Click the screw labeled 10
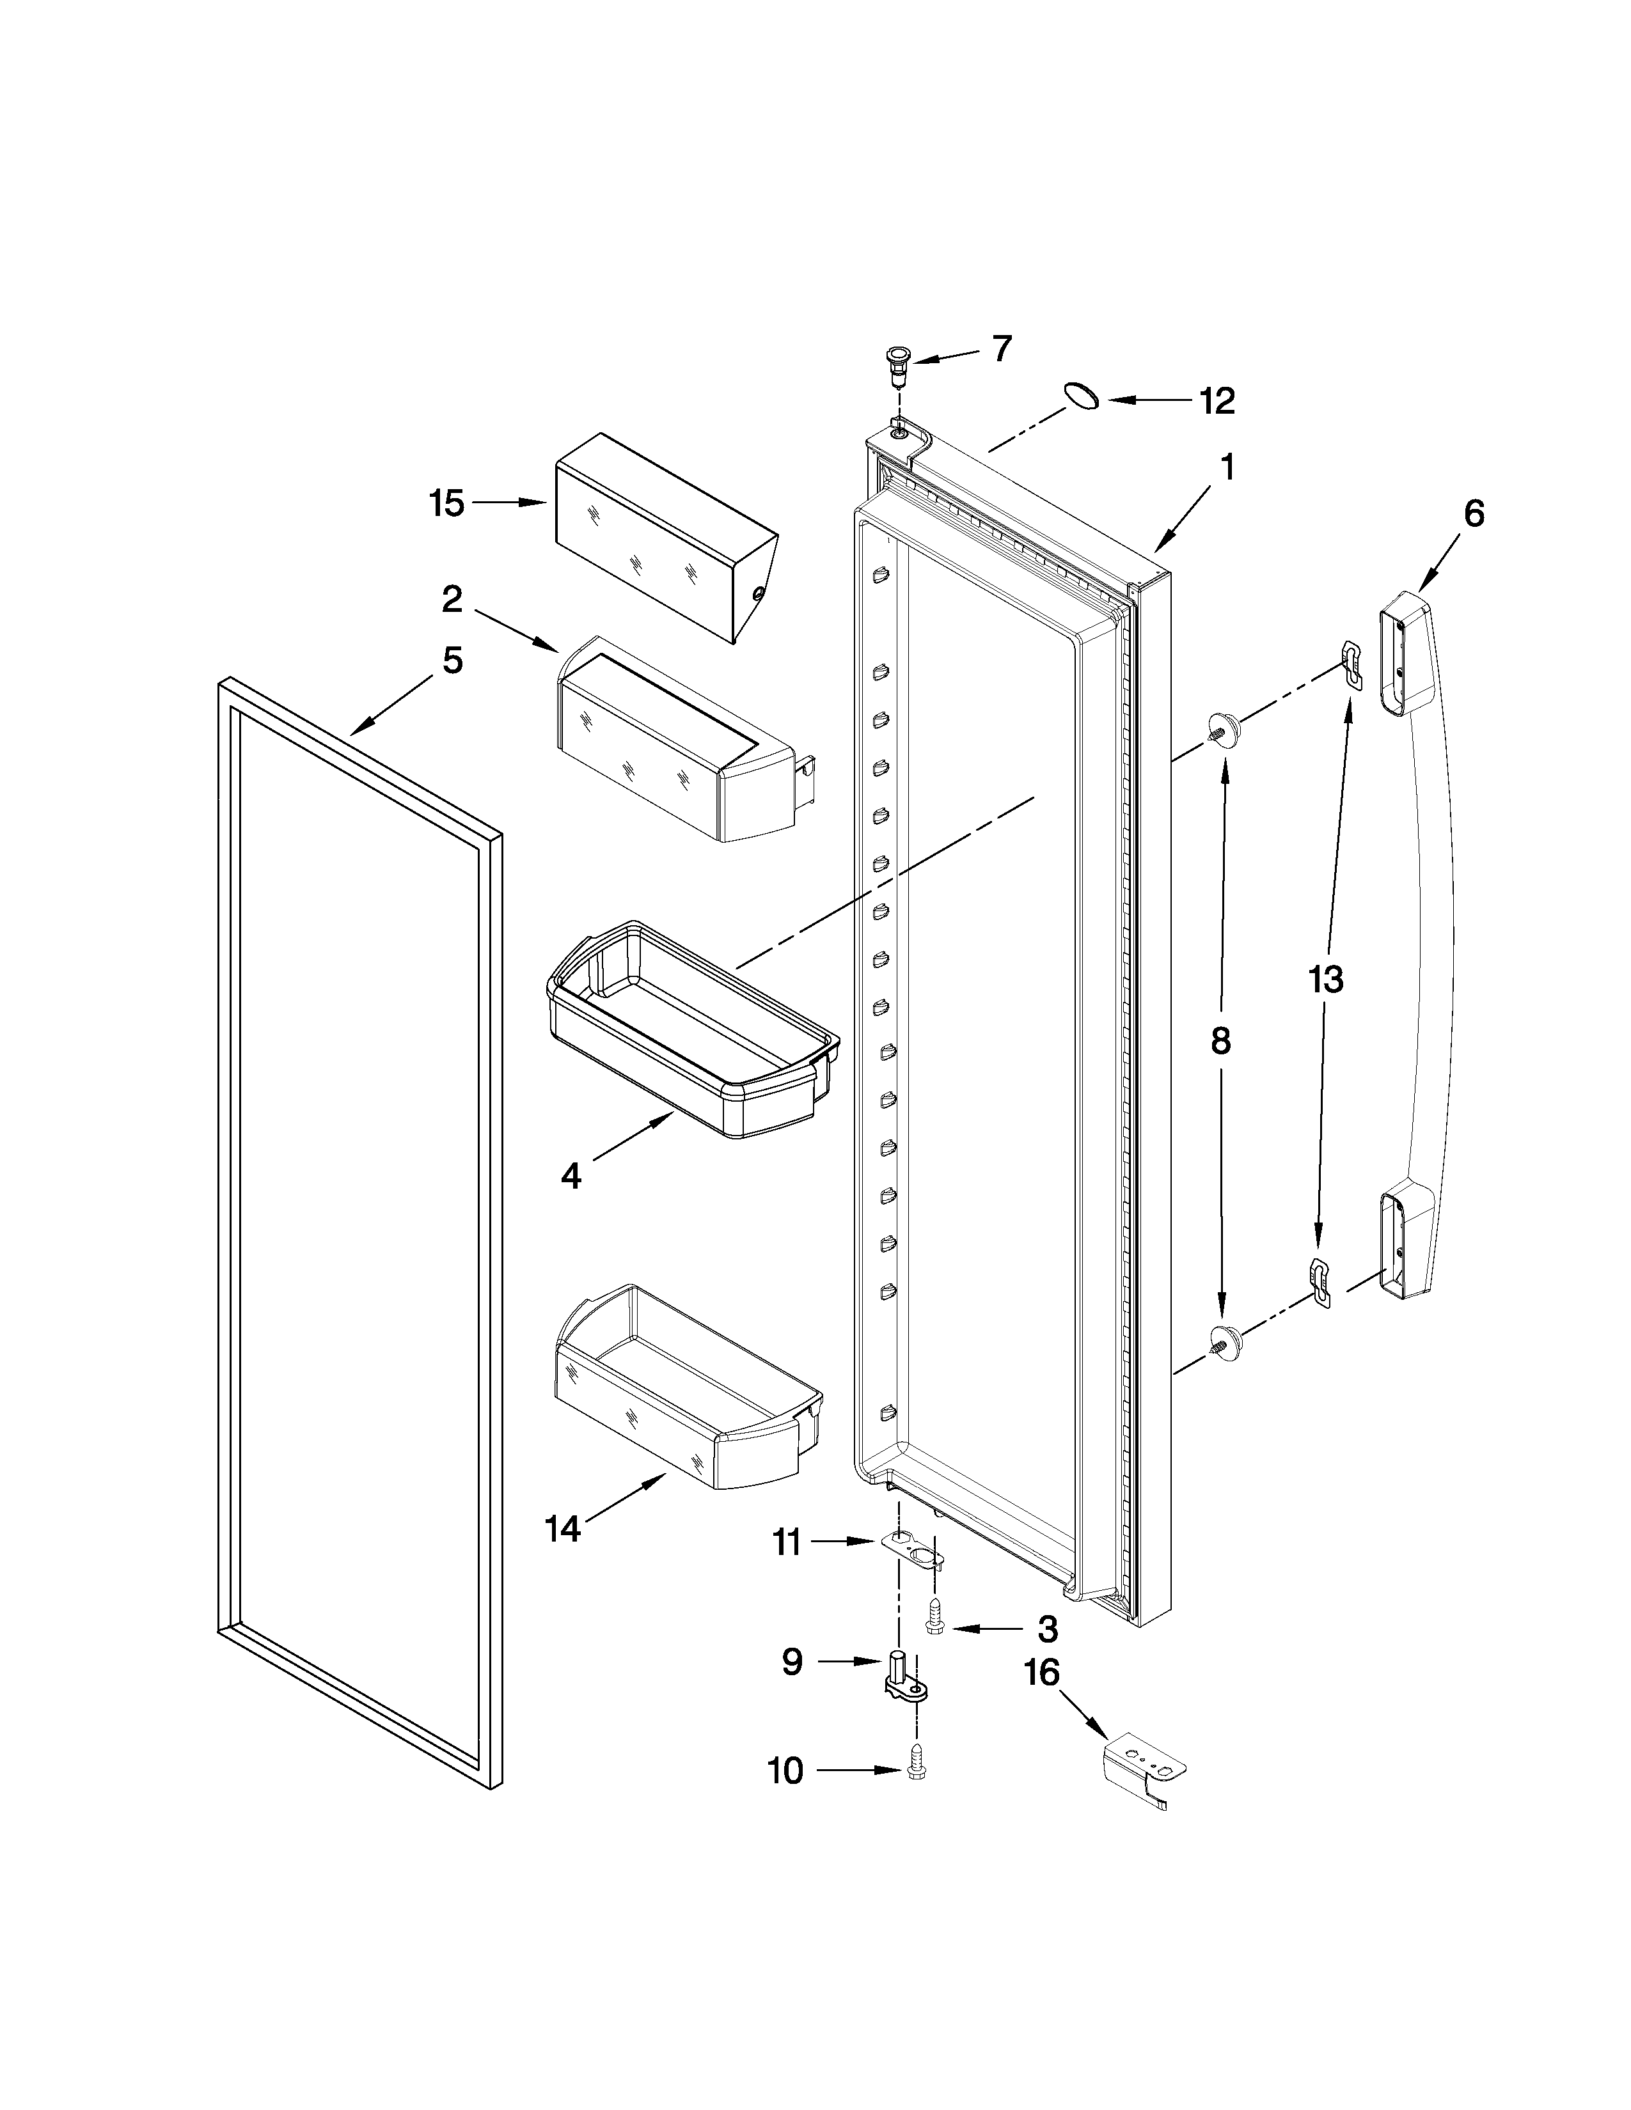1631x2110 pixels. click(915, 1767)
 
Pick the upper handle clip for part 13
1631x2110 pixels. click(1351, 666)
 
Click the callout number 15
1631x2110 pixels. click(446, 503)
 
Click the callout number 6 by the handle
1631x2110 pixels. click(1472, 513)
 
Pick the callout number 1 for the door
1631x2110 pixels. click(1226, 467)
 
